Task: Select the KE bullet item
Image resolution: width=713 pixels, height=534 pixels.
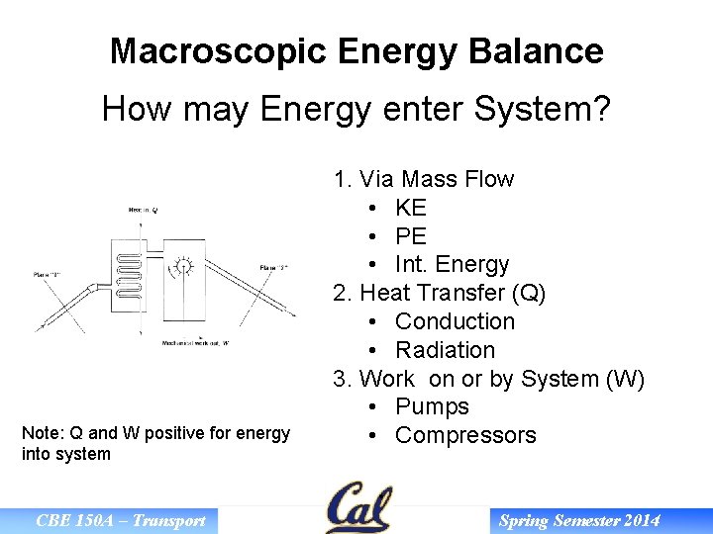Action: (410, 208)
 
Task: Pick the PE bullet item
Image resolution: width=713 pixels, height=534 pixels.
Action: (410, 236)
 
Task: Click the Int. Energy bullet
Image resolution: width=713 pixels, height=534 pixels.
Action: (452, 265)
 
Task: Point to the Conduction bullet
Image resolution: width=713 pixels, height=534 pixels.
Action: (455, 321)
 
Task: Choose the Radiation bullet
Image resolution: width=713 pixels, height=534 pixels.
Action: (445, 350)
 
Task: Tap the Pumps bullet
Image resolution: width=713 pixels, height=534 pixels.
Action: (432, 406)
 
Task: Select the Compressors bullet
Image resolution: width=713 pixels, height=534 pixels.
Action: (465, 435)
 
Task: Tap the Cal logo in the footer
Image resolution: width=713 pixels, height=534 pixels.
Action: (359, 508)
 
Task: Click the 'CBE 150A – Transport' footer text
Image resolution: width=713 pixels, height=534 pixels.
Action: (120, 520)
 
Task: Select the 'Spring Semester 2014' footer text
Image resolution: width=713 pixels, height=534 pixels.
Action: (579, 520)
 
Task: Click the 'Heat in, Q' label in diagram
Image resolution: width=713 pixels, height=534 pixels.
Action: (142, 210)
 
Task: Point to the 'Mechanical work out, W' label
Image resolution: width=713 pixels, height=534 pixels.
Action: (196, 343)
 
